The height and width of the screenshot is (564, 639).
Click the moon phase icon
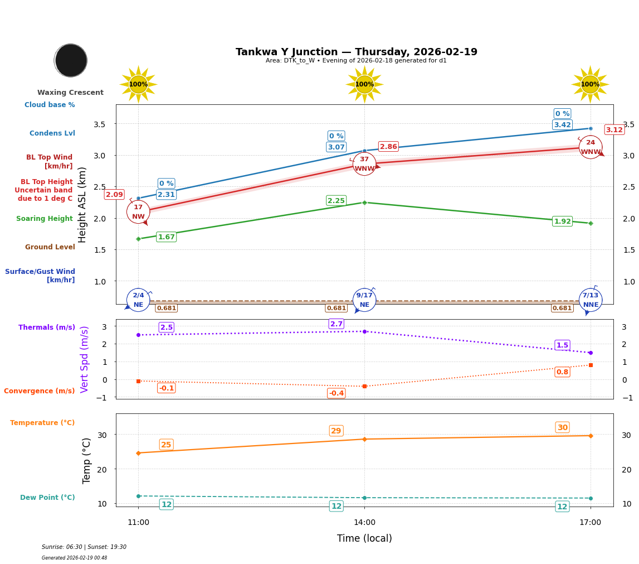coord(71,60)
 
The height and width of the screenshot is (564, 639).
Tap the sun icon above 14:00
coord(364,84)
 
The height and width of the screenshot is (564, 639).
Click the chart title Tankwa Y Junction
coord(356,52)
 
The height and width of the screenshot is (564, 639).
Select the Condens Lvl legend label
coord(52,133)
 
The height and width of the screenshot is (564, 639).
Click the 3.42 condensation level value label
coord(562,125)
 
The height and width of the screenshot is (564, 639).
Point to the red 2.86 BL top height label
coord(388,147)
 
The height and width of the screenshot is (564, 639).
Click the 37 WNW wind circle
coord(364,164)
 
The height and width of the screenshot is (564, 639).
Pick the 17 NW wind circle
coord(138,212)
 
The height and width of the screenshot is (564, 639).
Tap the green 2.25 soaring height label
coord(336,201)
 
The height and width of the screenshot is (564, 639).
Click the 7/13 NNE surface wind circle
coord(591,300)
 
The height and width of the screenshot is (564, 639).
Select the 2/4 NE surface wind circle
coord(138,300)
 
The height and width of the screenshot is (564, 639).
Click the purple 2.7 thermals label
coord(336,324)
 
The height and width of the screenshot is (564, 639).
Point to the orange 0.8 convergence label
coord(562,372)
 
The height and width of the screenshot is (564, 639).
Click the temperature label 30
coord(562,427)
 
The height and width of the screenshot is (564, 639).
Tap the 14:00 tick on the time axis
coord(364,522)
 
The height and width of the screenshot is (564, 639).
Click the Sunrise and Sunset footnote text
coord(84,547)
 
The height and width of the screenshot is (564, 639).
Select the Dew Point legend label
coord(47,498)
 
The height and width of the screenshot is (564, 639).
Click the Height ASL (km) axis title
coord(82,205)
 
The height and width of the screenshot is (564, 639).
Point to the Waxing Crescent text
coord(70,93)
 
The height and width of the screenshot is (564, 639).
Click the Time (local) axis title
coord(364,538)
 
